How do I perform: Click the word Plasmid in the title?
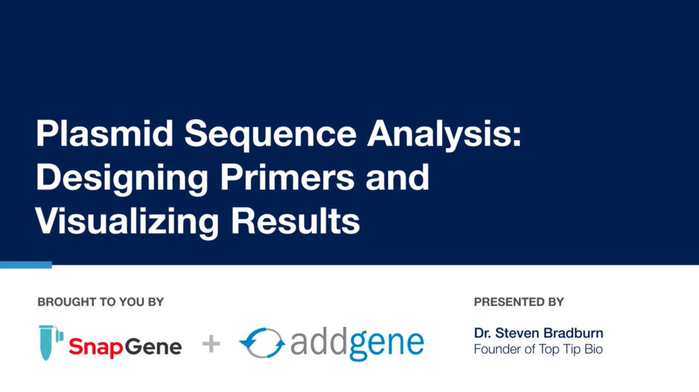click(x=103, y=133)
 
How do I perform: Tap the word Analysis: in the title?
click(x=443, y=134)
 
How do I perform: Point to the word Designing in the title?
click(x=121, y=178)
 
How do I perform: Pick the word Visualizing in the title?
click(x=127, y=221)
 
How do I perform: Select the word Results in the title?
click(x=295, y=221)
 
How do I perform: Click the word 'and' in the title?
click(x=398, y=177)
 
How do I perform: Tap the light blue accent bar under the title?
click(x=26, y=265)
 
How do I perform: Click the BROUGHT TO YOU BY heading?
click(x=100, y=302)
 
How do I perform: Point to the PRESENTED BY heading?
click(x=519, y=302)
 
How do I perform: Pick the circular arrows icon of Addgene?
click(x=262, y=343)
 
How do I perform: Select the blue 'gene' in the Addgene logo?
click(x=387, y=344)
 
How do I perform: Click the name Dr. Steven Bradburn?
click(x=538, y=333)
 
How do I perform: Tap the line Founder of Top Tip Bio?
click(x=538, y=349)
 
